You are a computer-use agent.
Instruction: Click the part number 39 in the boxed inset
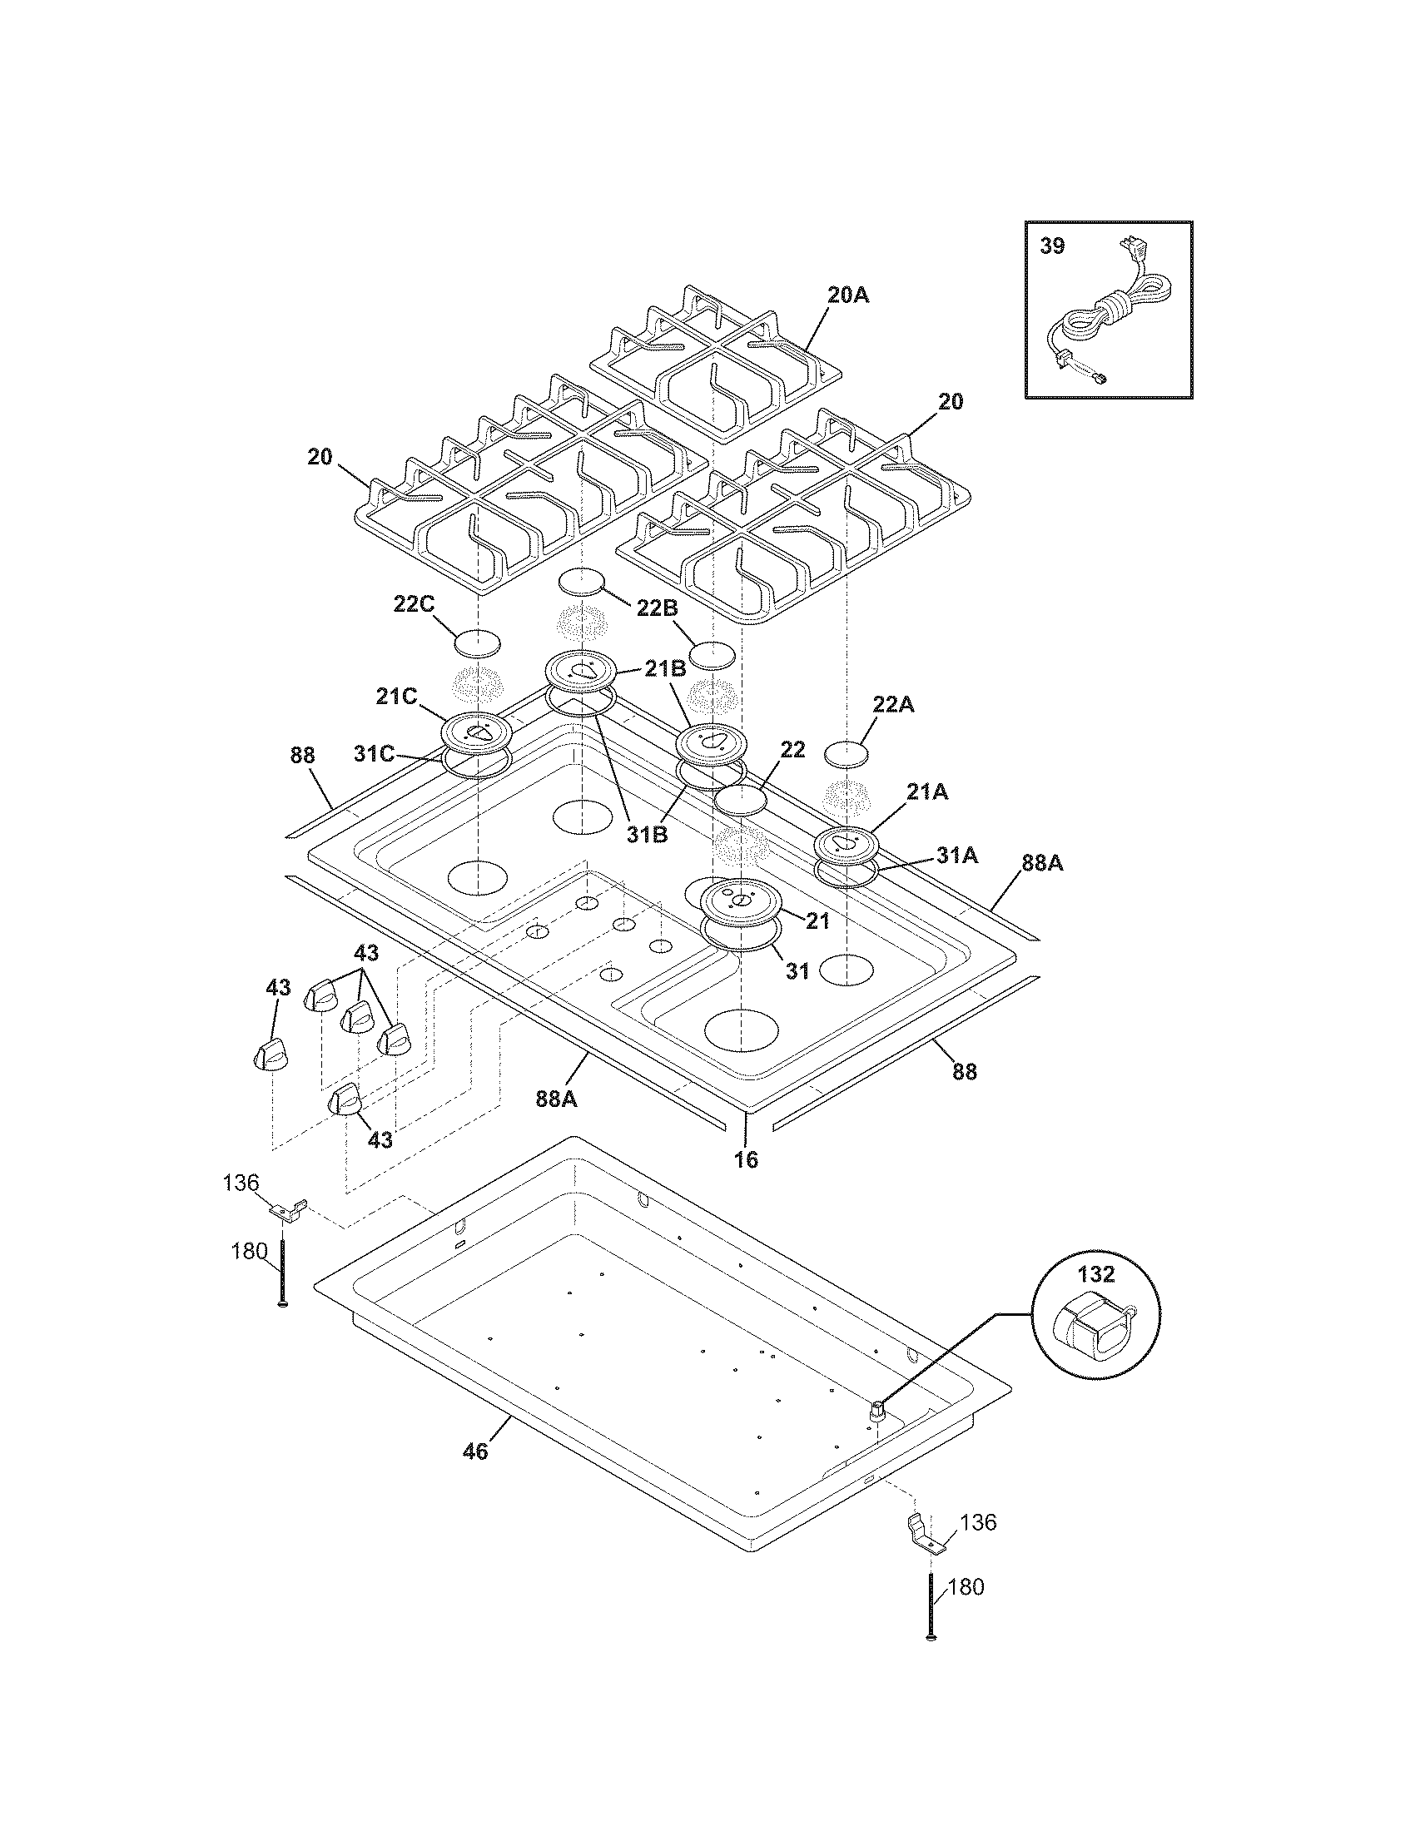pyautogui.click(x=1052, y=246)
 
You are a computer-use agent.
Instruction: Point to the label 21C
pyautogui.click(x=395, y=697)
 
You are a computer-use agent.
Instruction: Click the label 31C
pyautogui.click(x=374, y=753)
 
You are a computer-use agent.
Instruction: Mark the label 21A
pyautogui.click(x=928, y=791)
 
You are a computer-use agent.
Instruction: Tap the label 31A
pyautogui.click(x=957, y=855)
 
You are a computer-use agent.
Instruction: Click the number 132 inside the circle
pyautogui.click(x=1096, y=1275)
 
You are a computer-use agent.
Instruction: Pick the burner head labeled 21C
pyautogui.click(x=476, y=732)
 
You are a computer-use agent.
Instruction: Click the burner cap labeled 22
pyautogui.click(x=740, y=800)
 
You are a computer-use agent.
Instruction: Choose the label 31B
pyautogui.click(x=647, y=835)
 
